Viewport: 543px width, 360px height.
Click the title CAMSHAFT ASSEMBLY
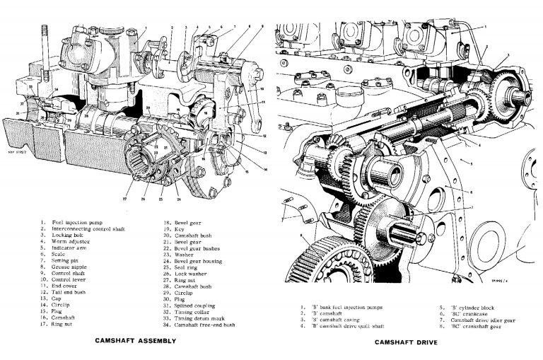tap(135, 341)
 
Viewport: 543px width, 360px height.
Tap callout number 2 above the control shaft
tap(172, 28)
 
